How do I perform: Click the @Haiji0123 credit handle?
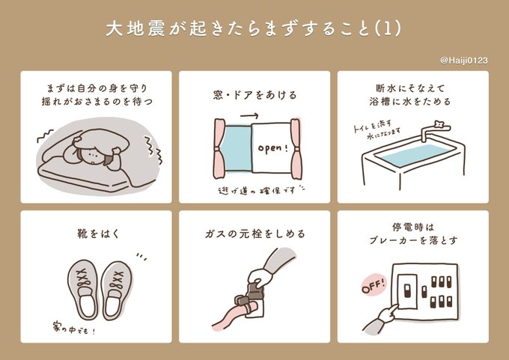pyautogui.click(x=464, y=61)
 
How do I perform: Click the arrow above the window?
pyautogui.click(x=249, y=115)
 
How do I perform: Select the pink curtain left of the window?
pyautogui.click(x=219, y=148)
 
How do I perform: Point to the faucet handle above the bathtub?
pyautogui.click(x=439, y=123)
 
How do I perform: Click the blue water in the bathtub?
pyautogui.click(x=417, y=155)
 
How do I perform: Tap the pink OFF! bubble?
pyautogui.click(x=374, y=285)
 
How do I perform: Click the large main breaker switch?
pyautogui.click(x=406, y=290)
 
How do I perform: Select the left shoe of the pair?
pyautogui.click(x=83, y=290)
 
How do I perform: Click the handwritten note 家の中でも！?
pyautogui.click(x=74, y=329)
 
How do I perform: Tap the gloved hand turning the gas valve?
pyautogui.click(x=260, y=275)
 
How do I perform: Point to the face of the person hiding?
pyautogui.click(x=93, y=156)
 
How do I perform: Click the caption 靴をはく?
pyautogui.click(x=98, y=234)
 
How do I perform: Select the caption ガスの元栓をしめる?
pyautogui.click(x=254, y=234)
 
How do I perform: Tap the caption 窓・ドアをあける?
pyautogui.click(x=254, y=95)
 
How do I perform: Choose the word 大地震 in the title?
pyautogui.click(x=137, y=29)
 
